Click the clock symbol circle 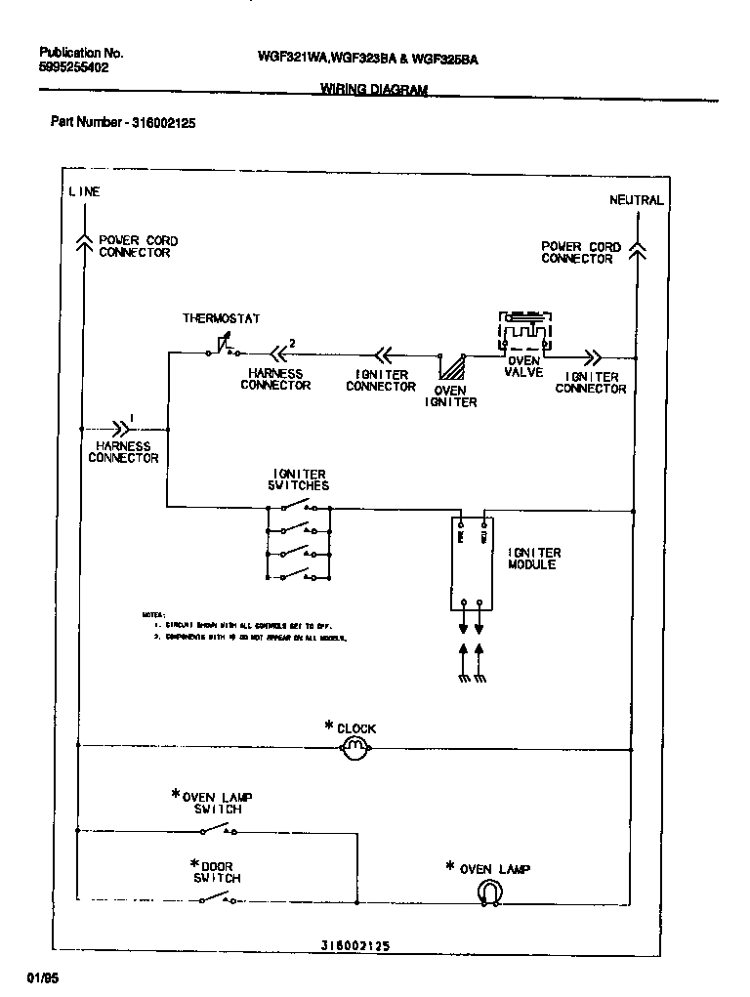(x=354, y=748)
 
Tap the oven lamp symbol (x=489, y=892)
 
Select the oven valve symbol (x=524, y=333)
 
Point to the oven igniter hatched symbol (x=452, y=366)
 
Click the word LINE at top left (x=84, y=192)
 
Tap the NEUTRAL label (x=636, y=200)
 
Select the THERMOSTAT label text (x=221, y=319)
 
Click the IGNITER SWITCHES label (x=299, y=479)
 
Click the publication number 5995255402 (x=74, y=68)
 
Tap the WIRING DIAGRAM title (x=374, y=89)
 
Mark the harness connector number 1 (x=131, y=420)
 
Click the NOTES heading (x=153, y=614)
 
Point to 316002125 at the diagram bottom (x=355, y=946)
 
